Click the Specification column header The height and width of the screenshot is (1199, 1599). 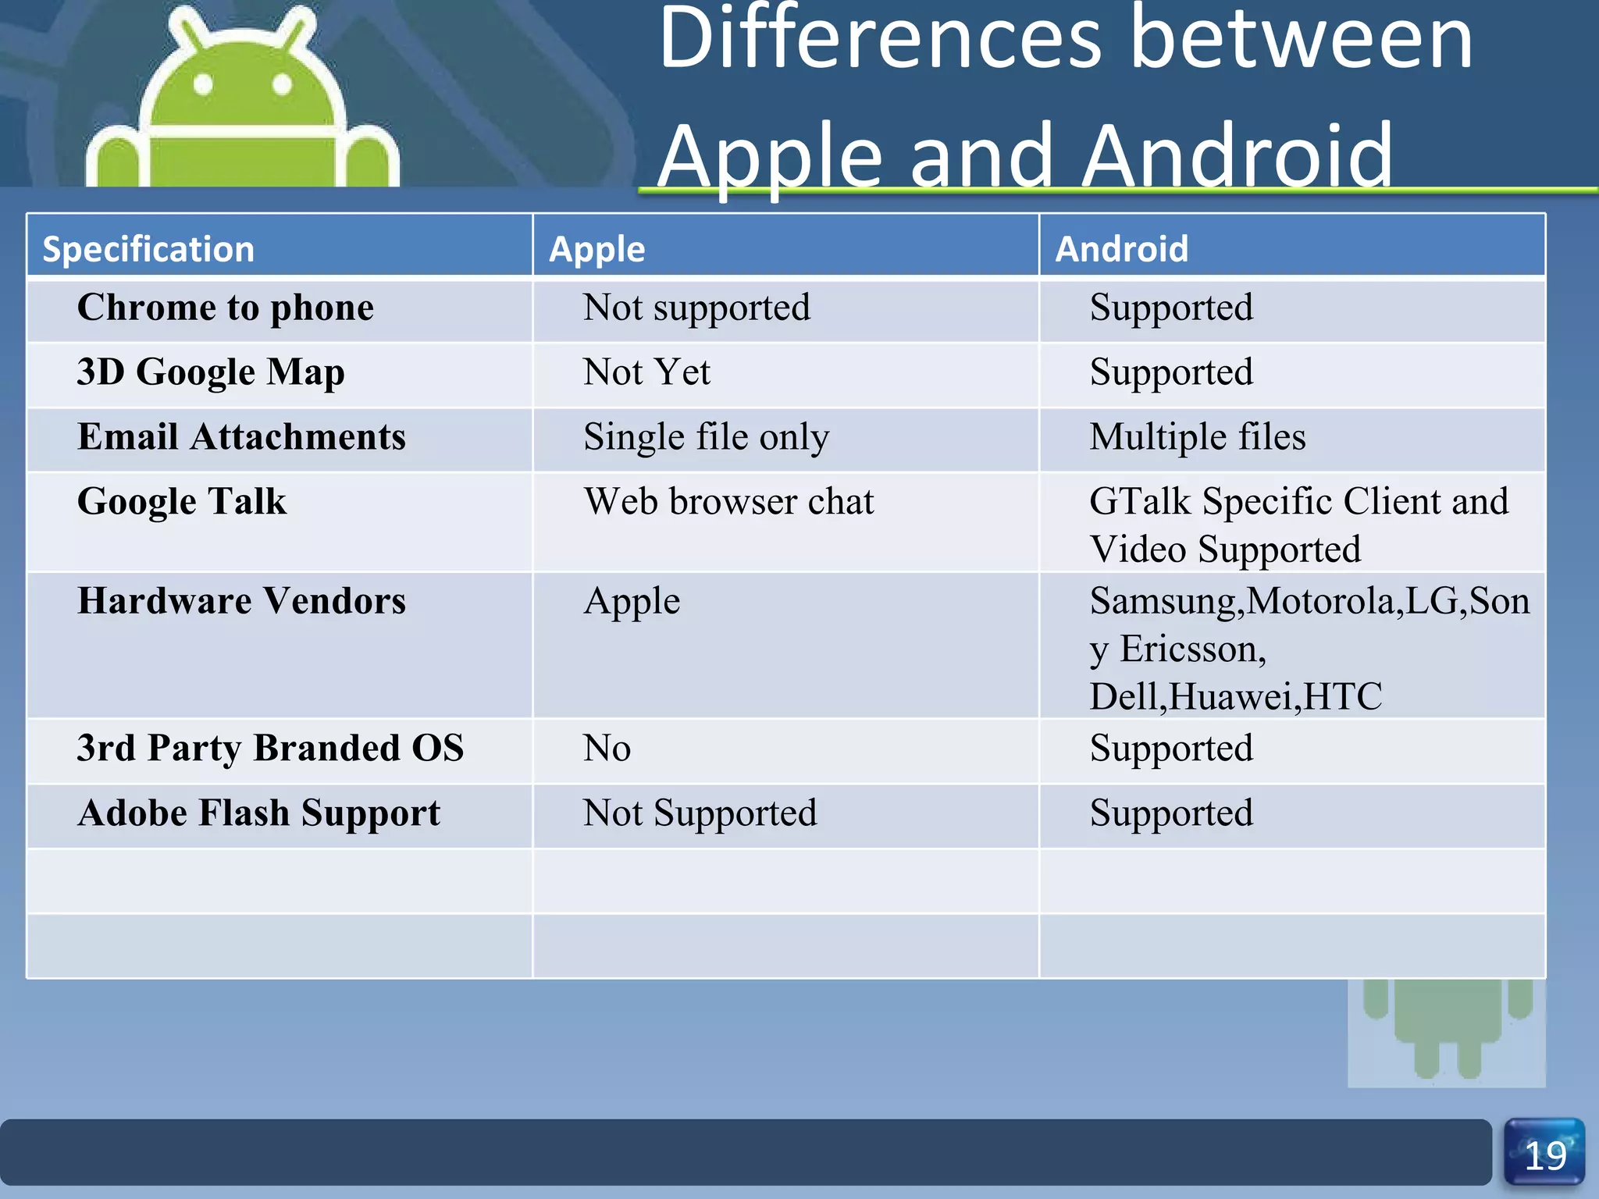pyautogui.click(x=148, y=249)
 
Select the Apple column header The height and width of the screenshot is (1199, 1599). pyautogui.click(x=597, y=250)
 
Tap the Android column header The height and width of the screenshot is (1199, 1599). pyautogui.click(x=1122, y=249)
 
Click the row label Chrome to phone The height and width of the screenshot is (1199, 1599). pyautogui.click(x=226, y=308)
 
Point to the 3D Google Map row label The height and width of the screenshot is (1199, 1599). pyautogui.click(x=211, y=372)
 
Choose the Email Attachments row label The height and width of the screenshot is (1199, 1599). pyautogui.click(x=241, y=436)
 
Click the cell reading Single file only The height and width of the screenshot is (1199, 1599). pyautogui.click(x=706, y=437)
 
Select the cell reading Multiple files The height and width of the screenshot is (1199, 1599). pyautogui.click(x=1197, y=436)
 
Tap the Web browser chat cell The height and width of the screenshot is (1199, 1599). pyautogui.click(x=728, y=501)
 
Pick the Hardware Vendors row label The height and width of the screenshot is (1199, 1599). pyautogui.click(x=241, y=601)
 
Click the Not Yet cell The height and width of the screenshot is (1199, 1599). pyautogui.click(x=646, y=372)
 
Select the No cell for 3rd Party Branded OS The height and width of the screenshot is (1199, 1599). pyautogui.click(x=607, y=749)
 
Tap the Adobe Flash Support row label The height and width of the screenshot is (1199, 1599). pyautogui.click(x=258, y=813)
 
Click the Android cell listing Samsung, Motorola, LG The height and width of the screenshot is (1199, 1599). pyautogui.click(x=1309, y=648)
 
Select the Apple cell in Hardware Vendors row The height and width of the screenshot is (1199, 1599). pyautogui.click(x=632, y=602)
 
